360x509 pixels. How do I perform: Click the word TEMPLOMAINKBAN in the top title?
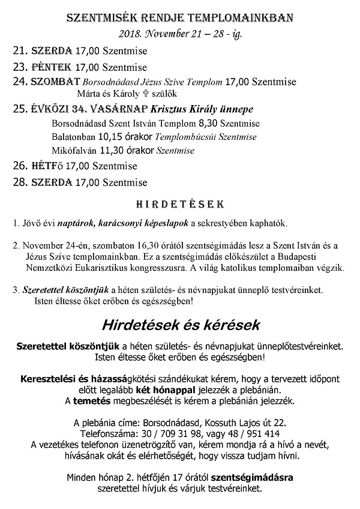pos(247,18)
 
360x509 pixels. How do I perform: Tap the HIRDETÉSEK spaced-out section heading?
pos(179,204)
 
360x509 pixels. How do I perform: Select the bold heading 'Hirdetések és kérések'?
pos(179,326)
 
